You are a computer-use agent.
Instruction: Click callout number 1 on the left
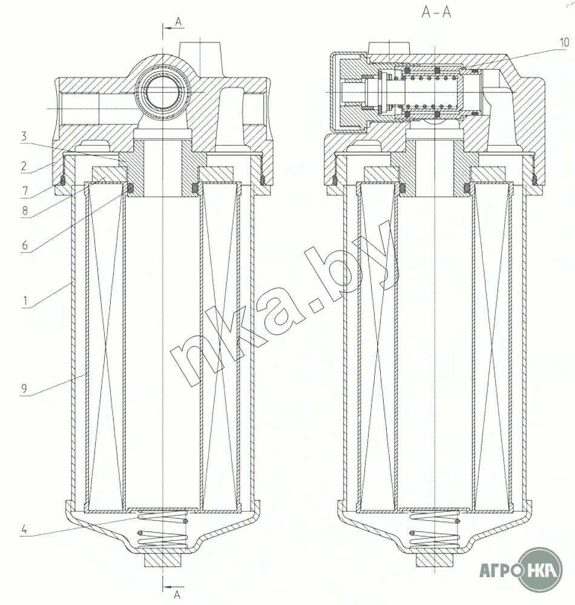25,300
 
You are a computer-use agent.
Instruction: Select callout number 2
24,166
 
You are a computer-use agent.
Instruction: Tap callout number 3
24,136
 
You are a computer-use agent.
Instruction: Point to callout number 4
24,529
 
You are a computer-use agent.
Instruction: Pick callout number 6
25,245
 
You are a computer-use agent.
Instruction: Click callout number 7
25,191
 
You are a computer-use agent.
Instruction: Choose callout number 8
25,211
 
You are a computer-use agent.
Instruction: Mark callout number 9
24,388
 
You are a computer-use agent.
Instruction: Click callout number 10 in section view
564,43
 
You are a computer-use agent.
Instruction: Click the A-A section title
436,12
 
